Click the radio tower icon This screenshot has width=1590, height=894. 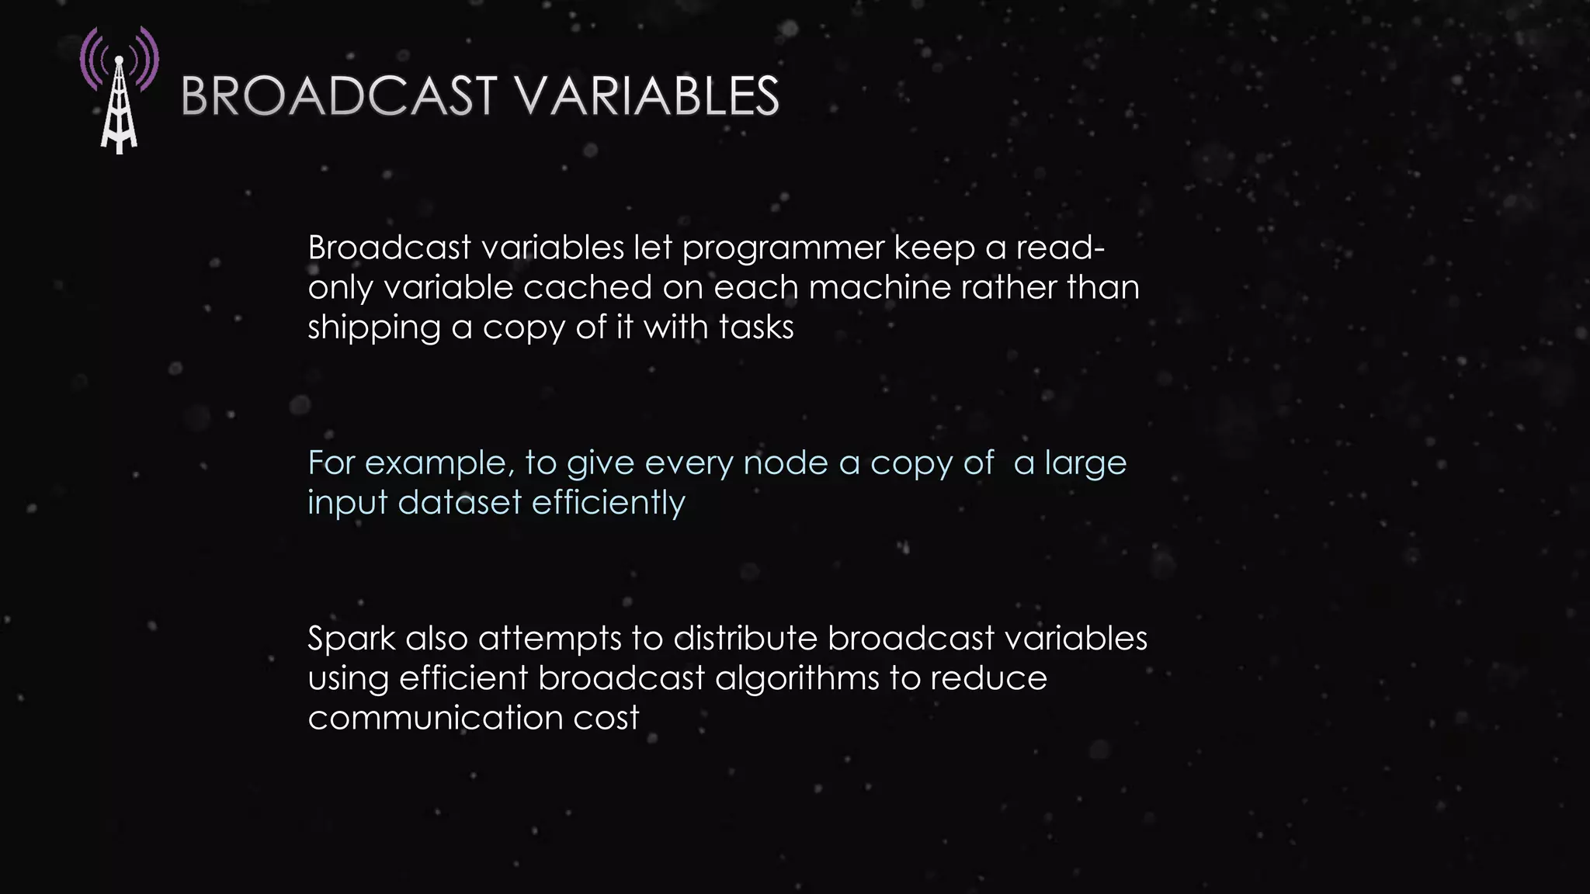coord(119,92)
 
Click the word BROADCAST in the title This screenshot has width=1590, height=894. coord(338,97)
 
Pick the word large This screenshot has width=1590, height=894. coord(1085,464)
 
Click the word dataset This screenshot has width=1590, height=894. coord(460,503)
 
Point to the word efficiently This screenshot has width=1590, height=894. coord(608,503)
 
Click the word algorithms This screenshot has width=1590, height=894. coord(797,679)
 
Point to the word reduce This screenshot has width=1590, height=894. coord(988,678)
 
